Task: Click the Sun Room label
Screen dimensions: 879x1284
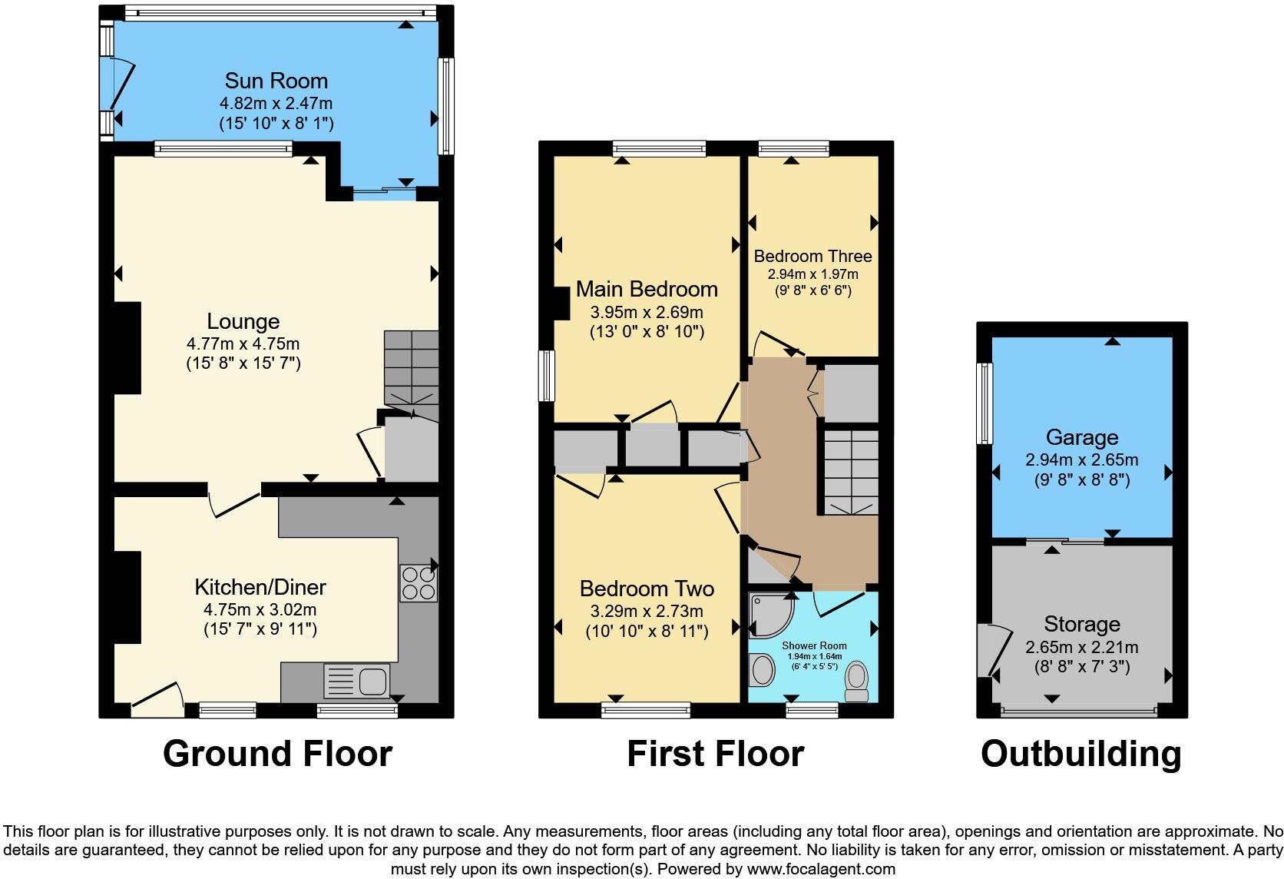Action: click(276, 81)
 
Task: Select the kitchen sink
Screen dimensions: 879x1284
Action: click(358, 681)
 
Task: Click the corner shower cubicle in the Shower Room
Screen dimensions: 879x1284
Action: click(770, 615)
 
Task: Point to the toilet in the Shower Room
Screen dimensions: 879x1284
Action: click(855, 682)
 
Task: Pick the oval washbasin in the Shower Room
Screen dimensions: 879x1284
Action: click(763, 669)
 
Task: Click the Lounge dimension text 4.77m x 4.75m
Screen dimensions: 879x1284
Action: click(243, 343)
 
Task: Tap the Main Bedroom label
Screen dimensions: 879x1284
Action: click(647, 290)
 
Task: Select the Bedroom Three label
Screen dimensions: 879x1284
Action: click(812, 256)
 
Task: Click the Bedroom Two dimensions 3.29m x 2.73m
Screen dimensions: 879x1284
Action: click(647, 612)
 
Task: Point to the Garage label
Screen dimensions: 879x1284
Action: click(1081, 438)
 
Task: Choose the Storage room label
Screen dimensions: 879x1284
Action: click(1081, 624)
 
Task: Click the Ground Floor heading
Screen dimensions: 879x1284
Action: click(277, 754)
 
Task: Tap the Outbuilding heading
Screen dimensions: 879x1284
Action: click(1080, 754)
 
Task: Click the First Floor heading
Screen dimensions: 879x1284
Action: click(715, 754)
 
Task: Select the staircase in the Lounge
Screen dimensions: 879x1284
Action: click(411, 367)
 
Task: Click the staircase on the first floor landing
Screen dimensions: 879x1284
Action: click(851, 472)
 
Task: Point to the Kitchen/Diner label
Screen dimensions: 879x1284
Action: click(260, 588)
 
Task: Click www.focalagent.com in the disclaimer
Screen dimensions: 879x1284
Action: click(820, 869)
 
